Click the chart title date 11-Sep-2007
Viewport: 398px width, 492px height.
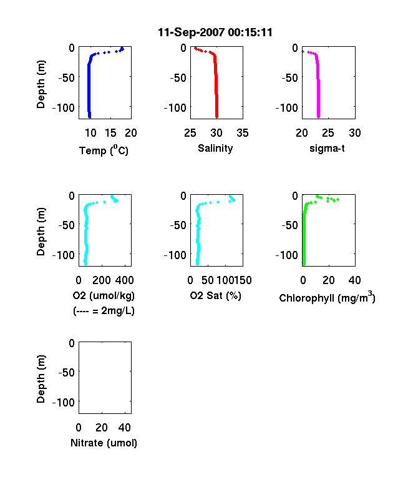(x=191, y=32)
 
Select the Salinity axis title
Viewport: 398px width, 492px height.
(x=215, y=148)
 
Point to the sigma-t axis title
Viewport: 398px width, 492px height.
(x=327, y=148)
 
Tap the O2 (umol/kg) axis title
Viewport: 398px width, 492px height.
(x=104, y=295)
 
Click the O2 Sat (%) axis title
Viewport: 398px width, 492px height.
(x=216, y=295)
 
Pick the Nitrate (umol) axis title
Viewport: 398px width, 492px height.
(x=104, y=443)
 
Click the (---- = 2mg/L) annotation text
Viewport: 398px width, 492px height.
(x=104, y=311)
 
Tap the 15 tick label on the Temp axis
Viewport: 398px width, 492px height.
(x=110, y=133)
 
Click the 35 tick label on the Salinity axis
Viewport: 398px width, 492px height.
(x=243, y=133)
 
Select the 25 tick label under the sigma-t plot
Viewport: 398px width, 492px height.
(x=328, y=133)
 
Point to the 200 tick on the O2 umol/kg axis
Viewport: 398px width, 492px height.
(x=102, y=280)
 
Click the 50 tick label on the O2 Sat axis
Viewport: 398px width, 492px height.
(x=208, y=280)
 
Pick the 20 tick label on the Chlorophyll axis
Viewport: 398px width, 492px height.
(x=328, y=280)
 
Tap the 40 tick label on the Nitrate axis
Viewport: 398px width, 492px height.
(x=124, y=427)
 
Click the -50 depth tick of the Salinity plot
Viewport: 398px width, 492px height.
(x=178, y=77)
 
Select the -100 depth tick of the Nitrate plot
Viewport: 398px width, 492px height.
(x=64, y=402)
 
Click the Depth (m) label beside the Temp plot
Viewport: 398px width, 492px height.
(x=41, y=84)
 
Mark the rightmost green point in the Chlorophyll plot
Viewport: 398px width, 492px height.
(x=337, y=200)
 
